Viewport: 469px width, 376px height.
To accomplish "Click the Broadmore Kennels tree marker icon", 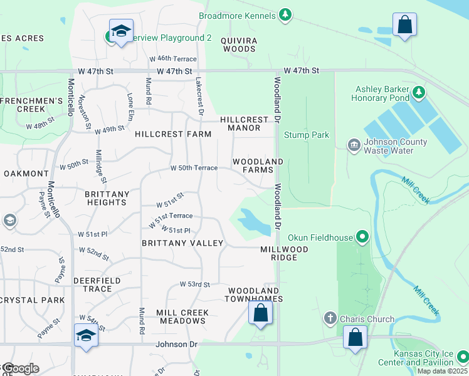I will pos(285,14).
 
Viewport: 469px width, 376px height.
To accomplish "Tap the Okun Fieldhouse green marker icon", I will pos(362,237).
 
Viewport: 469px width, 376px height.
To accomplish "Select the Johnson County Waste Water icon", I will pos(354,145).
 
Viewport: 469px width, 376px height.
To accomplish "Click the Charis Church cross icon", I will pos(330,318).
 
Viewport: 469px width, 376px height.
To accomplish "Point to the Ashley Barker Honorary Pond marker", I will pos(419,94).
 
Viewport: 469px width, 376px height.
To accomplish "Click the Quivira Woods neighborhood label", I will pos(239,43).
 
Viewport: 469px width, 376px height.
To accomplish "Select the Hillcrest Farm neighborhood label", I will pos(173,134).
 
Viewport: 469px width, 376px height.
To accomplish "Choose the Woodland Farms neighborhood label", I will pos(258,166).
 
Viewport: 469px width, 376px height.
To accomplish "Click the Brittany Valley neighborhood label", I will pos(182,243).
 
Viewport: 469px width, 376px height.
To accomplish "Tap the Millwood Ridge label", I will pos(284,253).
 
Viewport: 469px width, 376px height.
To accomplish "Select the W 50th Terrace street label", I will pos(194,168).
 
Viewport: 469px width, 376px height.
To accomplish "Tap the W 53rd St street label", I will pos(194,284).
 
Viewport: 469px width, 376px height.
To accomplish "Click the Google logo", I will pos(21,368).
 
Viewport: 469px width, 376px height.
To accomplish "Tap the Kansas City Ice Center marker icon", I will pos(463,357).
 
